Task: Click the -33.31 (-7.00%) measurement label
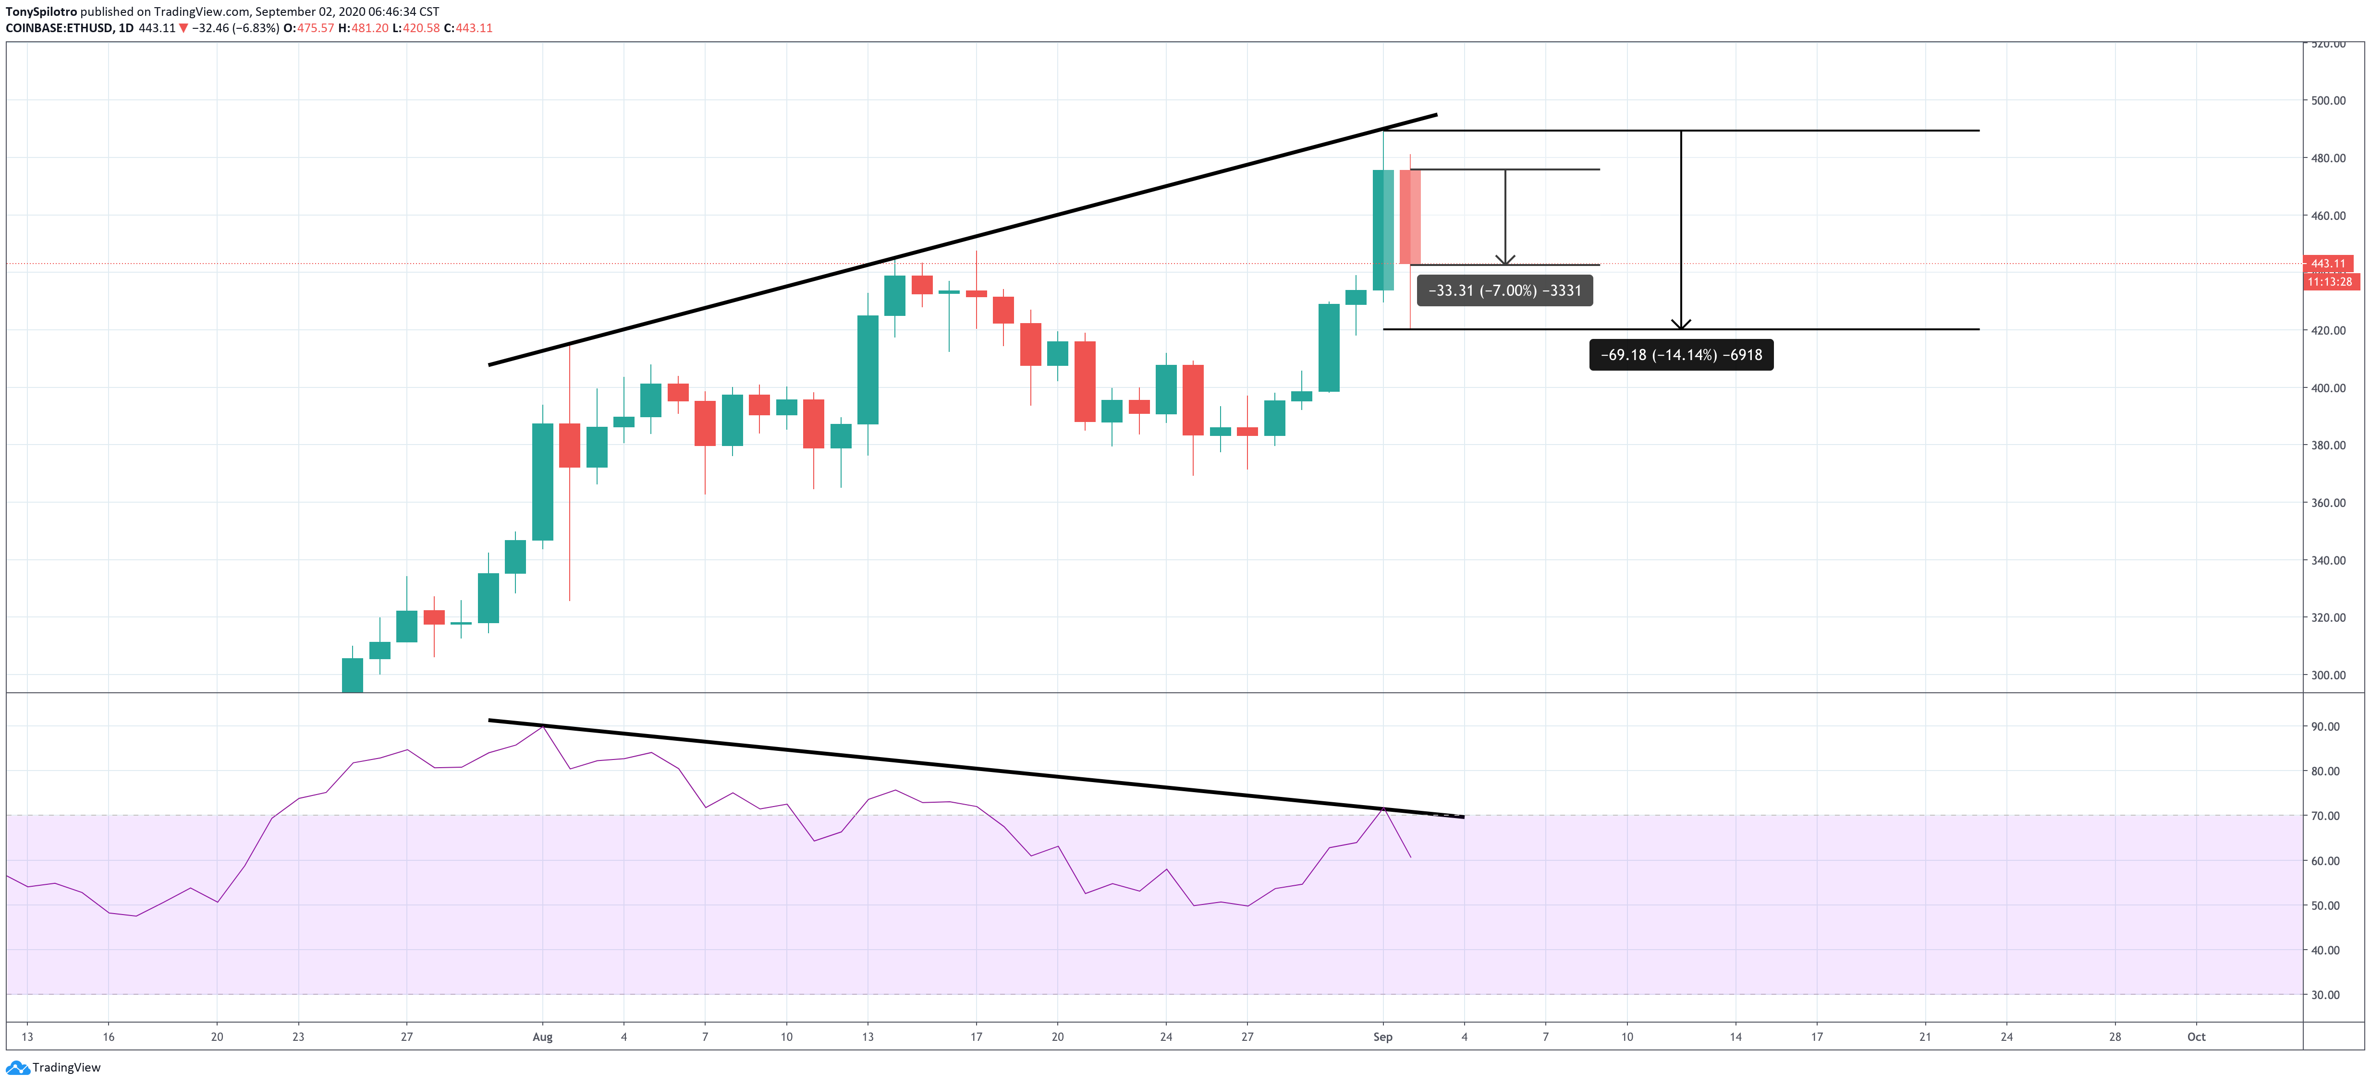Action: pos(1504,291)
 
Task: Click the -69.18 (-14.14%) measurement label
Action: pos(1681,355)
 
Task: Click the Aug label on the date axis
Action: pos(542,1037)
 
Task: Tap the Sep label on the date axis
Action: pos(1382,1037)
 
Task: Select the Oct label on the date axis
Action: pos(2196,1037)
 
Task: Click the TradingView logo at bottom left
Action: pos(53,1068)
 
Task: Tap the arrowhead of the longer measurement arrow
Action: pos(1681,324)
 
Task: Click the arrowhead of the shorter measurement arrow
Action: pos(1505,260)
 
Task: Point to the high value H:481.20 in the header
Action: pos(363,28)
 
